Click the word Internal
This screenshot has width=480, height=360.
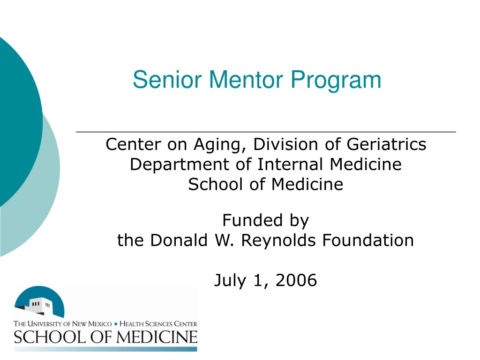click(292, 165)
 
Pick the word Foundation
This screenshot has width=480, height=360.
click(368, 240)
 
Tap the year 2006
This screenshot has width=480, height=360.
click(297, 281)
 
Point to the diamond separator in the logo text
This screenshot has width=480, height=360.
click(116, 324)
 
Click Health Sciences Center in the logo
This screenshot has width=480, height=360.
click(158, 324)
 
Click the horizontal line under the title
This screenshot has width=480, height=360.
click(266, 133)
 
